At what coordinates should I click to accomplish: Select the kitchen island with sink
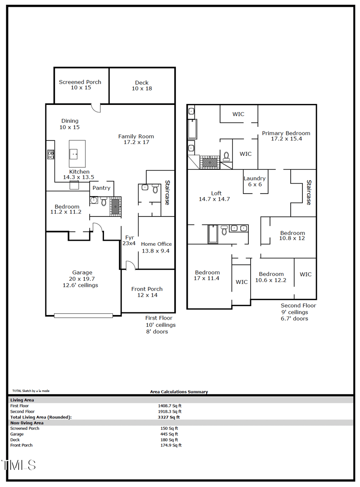click(x=77, y=154)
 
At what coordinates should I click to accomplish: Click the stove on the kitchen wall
click(x=51, y=154)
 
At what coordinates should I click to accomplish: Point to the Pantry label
click(x=101, y=188)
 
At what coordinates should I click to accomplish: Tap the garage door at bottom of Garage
click(x=83, y=315)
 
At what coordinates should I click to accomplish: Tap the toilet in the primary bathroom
click(x=226, y=156)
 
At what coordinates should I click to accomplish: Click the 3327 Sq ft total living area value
click(x=166, y=417)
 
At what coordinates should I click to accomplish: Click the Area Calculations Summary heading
click(x=179, y=392)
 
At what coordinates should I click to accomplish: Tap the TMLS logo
click(x=18, y=465)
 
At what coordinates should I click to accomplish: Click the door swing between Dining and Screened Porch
click(x=96, y=108)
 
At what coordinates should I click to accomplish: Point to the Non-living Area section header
click(x=27, y=423)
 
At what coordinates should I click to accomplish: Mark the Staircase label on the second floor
click(x=309, y=192)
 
